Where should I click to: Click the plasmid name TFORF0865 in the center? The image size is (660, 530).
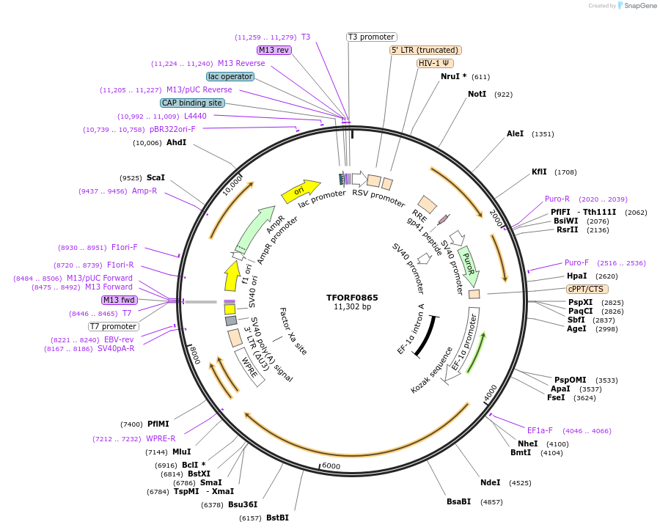tap(352, 297)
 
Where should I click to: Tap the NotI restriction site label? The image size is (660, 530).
tap(477, 94)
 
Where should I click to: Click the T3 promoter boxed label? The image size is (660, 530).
tap(371, 37)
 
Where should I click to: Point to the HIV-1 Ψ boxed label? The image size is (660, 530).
tap(434, 63)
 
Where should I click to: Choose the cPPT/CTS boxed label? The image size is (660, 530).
tap(587, 289)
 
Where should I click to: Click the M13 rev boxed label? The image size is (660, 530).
tap(274, 50)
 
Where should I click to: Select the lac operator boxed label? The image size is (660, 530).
tap(230, 76)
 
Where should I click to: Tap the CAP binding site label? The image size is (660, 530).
tap(192, 103)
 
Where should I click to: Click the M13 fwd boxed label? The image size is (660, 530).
tap(119, 300)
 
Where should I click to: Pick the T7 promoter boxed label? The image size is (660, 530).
tap(114, 326)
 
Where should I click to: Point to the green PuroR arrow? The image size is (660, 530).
tap(469, 266)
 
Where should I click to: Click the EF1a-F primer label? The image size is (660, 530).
tap(540, 430)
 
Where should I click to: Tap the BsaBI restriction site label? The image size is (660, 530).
tap(459, 501)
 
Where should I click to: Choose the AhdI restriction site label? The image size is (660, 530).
tap(177, 142)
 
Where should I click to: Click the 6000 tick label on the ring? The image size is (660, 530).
tap(331, 466)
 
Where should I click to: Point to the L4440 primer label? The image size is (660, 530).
tap(195, 116)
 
